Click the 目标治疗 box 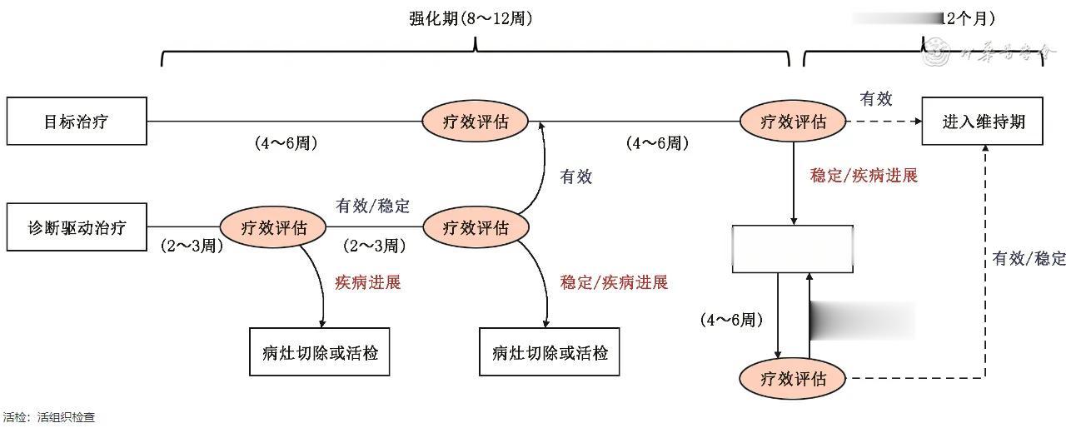point(77,122)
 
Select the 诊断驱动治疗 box point(77,226)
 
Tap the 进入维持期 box point(983,122)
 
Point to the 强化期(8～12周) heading point(471,18)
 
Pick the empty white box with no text point(792,249)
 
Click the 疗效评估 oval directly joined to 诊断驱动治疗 point(273,226)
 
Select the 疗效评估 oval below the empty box point(793,379)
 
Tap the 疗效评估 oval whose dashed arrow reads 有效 point(793,122)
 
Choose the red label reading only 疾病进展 point(367,282)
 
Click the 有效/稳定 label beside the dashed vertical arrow point(1029,258)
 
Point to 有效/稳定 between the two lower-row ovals point(372,205)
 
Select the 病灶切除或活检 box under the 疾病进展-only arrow point(320,352)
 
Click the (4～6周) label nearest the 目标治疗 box point(286,143)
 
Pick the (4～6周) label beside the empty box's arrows point(732,319)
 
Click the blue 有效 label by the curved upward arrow point(575,177)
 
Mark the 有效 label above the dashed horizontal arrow point(875,99)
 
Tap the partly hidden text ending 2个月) point(969,18)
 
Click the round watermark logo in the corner point(940,56)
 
